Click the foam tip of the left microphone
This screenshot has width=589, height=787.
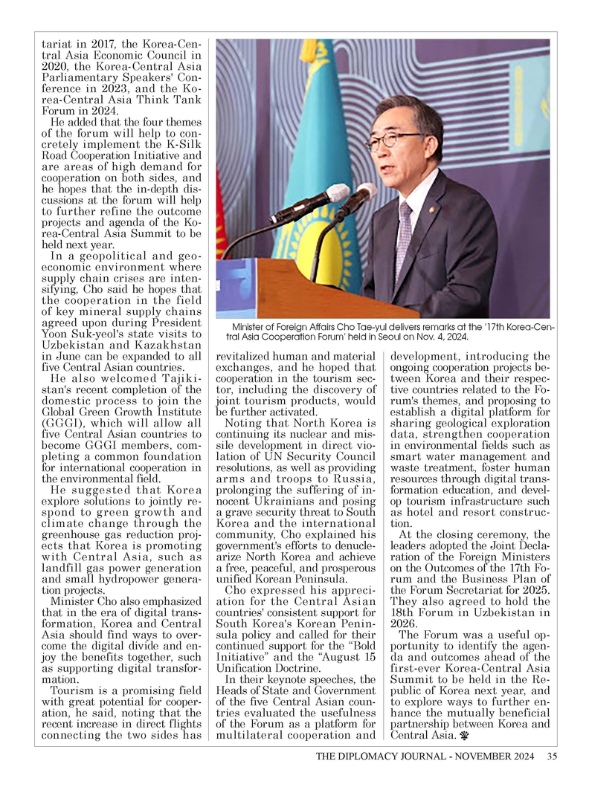tap(338, 193)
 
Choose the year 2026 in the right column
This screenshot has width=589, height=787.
tap(404, 625)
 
